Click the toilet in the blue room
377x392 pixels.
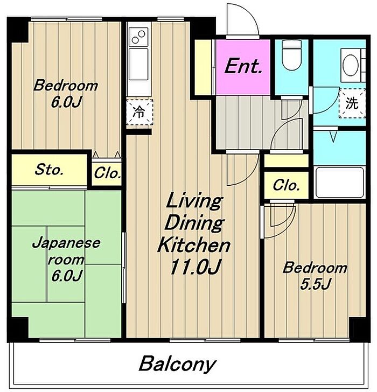[x=291, y=55]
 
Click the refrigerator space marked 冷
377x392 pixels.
[x=139, y=112]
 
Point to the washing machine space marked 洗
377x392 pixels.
[x=352, y=103]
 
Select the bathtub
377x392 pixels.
[x=339, y=183]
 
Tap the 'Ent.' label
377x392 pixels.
[x=243, y=66]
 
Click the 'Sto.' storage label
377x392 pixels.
[x=49, y=170]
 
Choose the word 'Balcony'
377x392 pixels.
[x=177, y=364]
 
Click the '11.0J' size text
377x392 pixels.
[x=196, y=267]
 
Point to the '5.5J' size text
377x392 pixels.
[x=316, y=284]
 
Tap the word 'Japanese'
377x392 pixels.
[x=66, y=243]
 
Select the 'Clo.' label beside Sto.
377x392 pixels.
[x=107, y=173]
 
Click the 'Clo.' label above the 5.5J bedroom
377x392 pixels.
[x=286, y=185]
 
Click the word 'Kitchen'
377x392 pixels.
[x=193, y=245]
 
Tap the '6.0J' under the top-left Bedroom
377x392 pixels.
[x=66, y=102]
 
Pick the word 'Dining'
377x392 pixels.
[x=194, y=223]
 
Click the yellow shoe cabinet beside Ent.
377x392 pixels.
[x=203, y=67]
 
